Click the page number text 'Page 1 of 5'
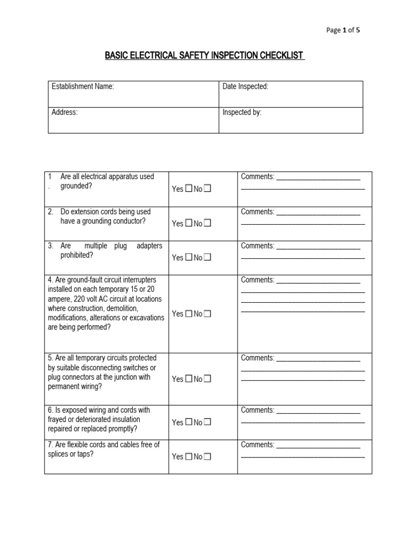click(343, 30)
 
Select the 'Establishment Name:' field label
click(82, 87)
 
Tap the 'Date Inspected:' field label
click(245, 87)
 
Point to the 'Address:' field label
click(64, 113)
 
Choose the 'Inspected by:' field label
click(242, 113)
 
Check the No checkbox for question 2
click(207, 224)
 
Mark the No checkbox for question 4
click(207, 314)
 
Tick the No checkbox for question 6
click(207, 422)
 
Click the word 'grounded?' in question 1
click(76, 186)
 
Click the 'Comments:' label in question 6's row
click(258, 410)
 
